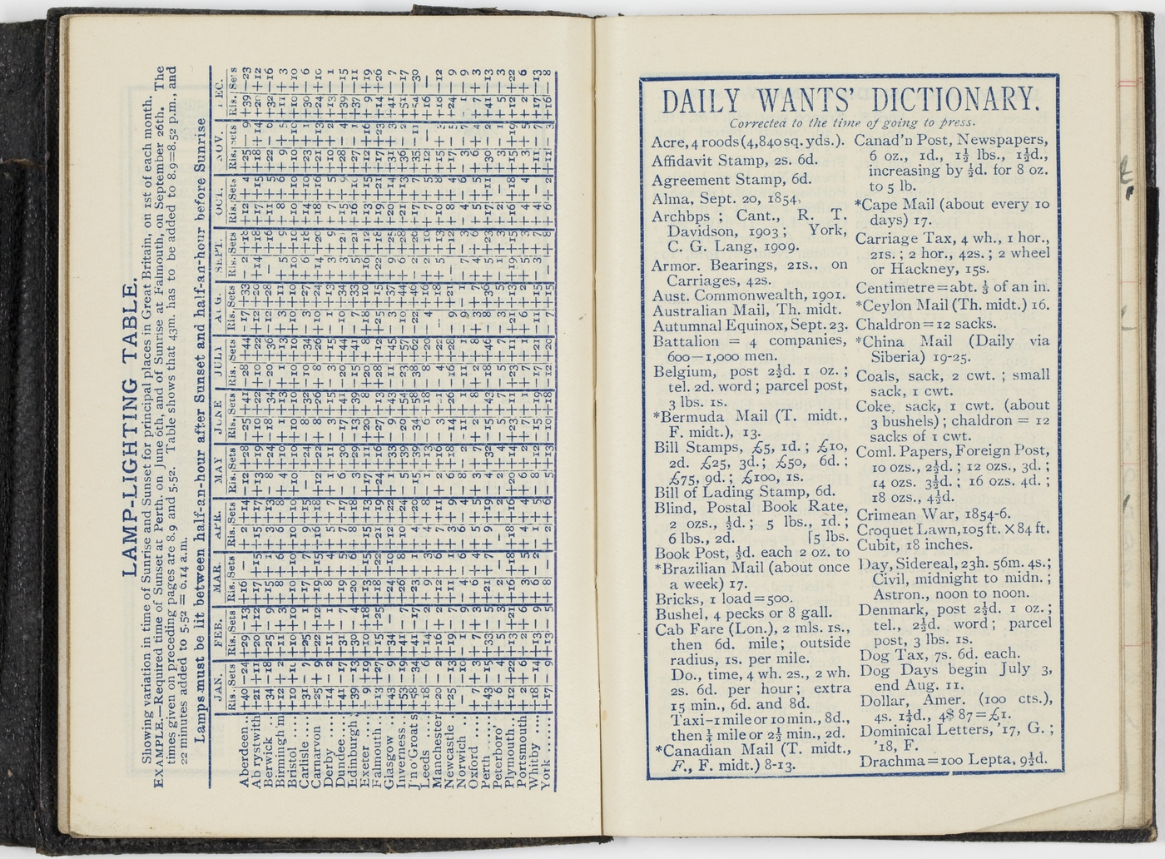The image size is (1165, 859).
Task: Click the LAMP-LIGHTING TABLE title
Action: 131,429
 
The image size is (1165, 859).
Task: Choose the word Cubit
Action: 875,545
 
